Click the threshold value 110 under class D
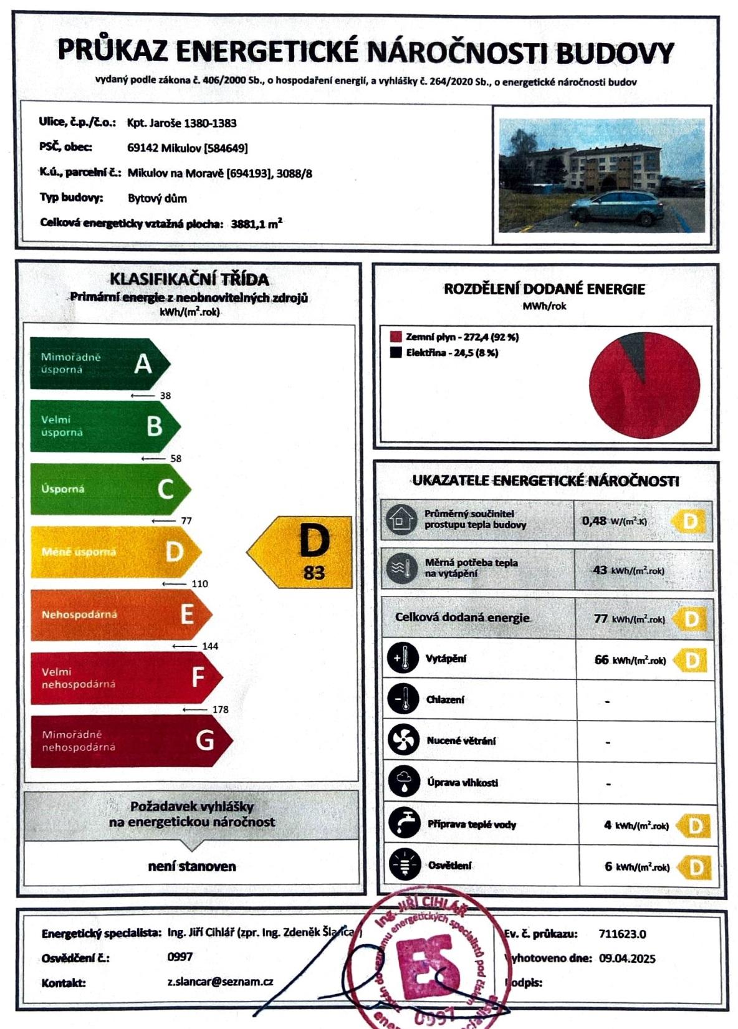[x=199, y=584]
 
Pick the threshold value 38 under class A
[x=165, y=396]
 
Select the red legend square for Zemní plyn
[x=395, y=337]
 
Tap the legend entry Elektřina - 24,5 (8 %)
[x=451, y=353]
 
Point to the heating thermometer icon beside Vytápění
[x=403, y=658]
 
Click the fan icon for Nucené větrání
[x=403, y=740]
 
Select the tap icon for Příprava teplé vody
[x=403, y=824]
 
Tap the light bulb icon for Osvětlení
[x=403, y=865]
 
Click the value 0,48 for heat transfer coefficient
[x=594, y=520]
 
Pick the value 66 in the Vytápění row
[x=601, y=659]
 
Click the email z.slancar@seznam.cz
[x=220, y=982]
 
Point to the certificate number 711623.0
[x=622, y=934]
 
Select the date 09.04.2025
[x=627, y=959]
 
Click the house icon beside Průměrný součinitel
[x=401, y=519]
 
